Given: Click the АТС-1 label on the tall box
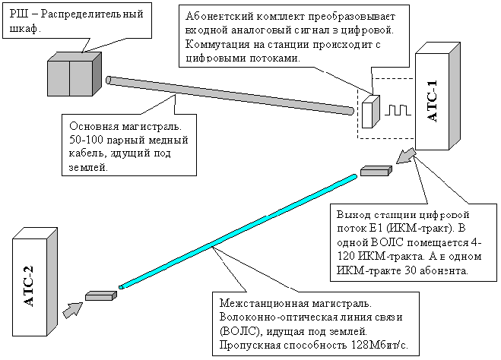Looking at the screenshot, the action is [433, 101].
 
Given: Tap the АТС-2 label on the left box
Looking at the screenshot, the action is [28, 286].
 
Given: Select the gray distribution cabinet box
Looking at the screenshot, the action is [75, 74].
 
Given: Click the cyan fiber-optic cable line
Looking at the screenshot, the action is [238, 231].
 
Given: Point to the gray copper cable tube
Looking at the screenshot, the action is [230, 95].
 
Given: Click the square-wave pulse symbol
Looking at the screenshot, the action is [397, 110].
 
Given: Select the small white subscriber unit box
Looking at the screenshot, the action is [371, 112].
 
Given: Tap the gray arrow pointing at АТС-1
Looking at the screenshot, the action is [406, 156].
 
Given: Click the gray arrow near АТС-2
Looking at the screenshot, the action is [72, 310].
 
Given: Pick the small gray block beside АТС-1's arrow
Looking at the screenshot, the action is [376, 171].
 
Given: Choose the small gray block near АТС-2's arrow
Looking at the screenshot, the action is [100, 296].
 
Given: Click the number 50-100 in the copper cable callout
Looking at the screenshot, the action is [85, 140].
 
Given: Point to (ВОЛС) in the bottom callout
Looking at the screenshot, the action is [239, 332].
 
